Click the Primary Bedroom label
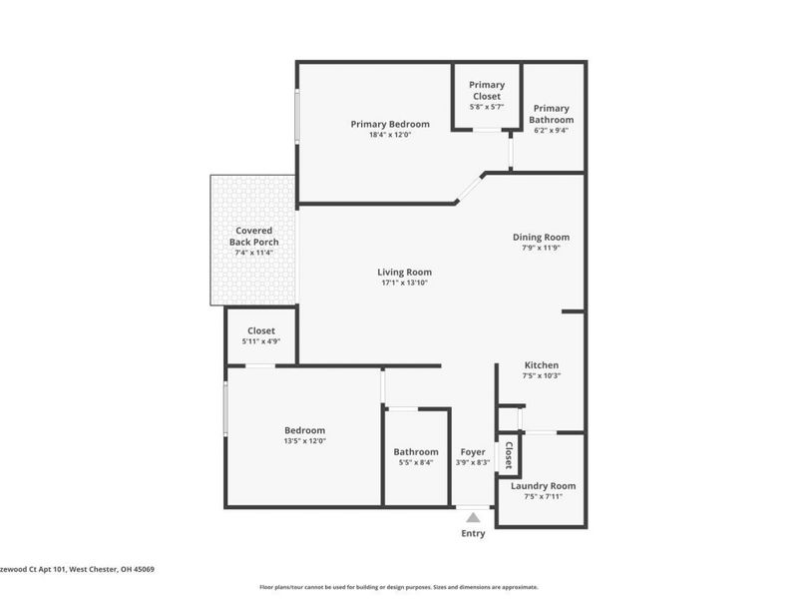coord(390,124)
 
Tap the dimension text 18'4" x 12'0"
coord(390,135)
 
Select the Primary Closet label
coord(487,91)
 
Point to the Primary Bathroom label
coord(551,114)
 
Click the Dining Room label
coord(541,237)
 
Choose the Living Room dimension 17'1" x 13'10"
coord(404,283)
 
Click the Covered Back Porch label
coord(252,237)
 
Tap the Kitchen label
coord(542,365)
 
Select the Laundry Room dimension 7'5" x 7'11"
coord(543,496)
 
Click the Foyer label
coord(472,452)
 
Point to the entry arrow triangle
coord(473,517)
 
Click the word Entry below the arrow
coord(473,533)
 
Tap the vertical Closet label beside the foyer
coord(509,456)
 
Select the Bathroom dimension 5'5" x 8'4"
coord(416,462)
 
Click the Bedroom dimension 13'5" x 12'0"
coord(304,441)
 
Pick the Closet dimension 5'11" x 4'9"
coord(260,341)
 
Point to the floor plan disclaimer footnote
coord(399,587)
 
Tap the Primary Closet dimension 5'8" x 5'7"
coord(487,106)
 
